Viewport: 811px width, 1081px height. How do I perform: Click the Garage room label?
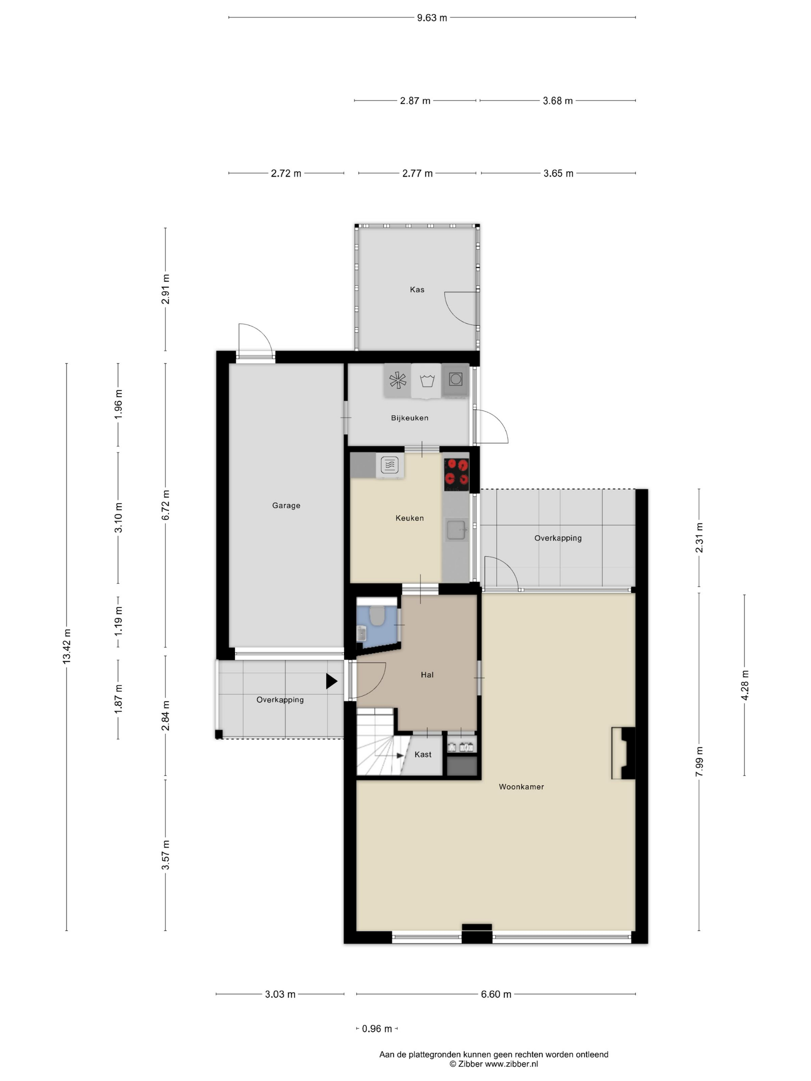click(x=286, y=505)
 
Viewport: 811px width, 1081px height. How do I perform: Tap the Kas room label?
click(x=417, y=289)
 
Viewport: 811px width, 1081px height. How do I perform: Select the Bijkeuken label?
click(x=410, y=418)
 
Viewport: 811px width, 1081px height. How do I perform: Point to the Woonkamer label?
click(x=521, y=787)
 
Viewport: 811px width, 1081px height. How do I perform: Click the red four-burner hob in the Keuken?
click(x=456, y=474)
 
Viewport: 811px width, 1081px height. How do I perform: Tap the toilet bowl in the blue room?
click(x=377, y=616)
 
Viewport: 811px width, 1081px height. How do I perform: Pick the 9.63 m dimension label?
click(x=432, y=18)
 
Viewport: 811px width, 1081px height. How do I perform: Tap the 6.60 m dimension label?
click(x=496, y=995)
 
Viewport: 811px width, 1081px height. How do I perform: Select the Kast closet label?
click(x=423, y=754)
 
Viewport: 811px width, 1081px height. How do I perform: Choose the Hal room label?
click(x=427, y=675)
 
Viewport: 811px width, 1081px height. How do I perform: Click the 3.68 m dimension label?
click(x=558, y=101)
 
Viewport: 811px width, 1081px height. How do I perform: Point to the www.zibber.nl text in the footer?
click(x=511, y=1064)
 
